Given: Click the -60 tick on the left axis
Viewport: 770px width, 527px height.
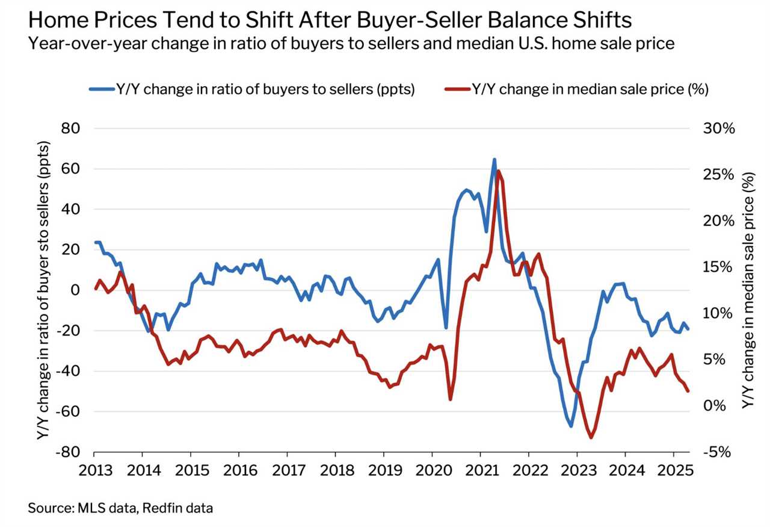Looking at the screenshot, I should coord(70,412).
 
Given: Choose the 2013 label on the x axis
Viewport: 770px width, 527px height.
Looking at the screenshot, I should coord(94,470).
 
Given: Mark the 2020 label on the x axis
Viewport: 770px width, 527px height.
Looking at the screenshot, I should coord(433,470).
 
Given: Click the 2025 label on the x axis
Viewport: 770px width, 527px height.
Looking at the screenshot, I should coord(674,470).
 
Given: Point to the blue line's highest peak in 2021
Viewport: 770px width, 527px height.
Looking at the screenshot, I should coord(494,160).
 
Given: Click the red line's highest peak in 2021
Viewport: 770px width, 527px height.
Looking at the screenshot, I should coord(499,172).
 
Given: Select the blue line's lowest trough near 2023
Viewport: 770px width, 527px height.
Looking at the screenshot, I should coord(571,426).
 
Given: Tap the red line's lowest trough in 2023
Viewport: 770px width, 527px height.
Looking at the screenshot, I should coord(591,437).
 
